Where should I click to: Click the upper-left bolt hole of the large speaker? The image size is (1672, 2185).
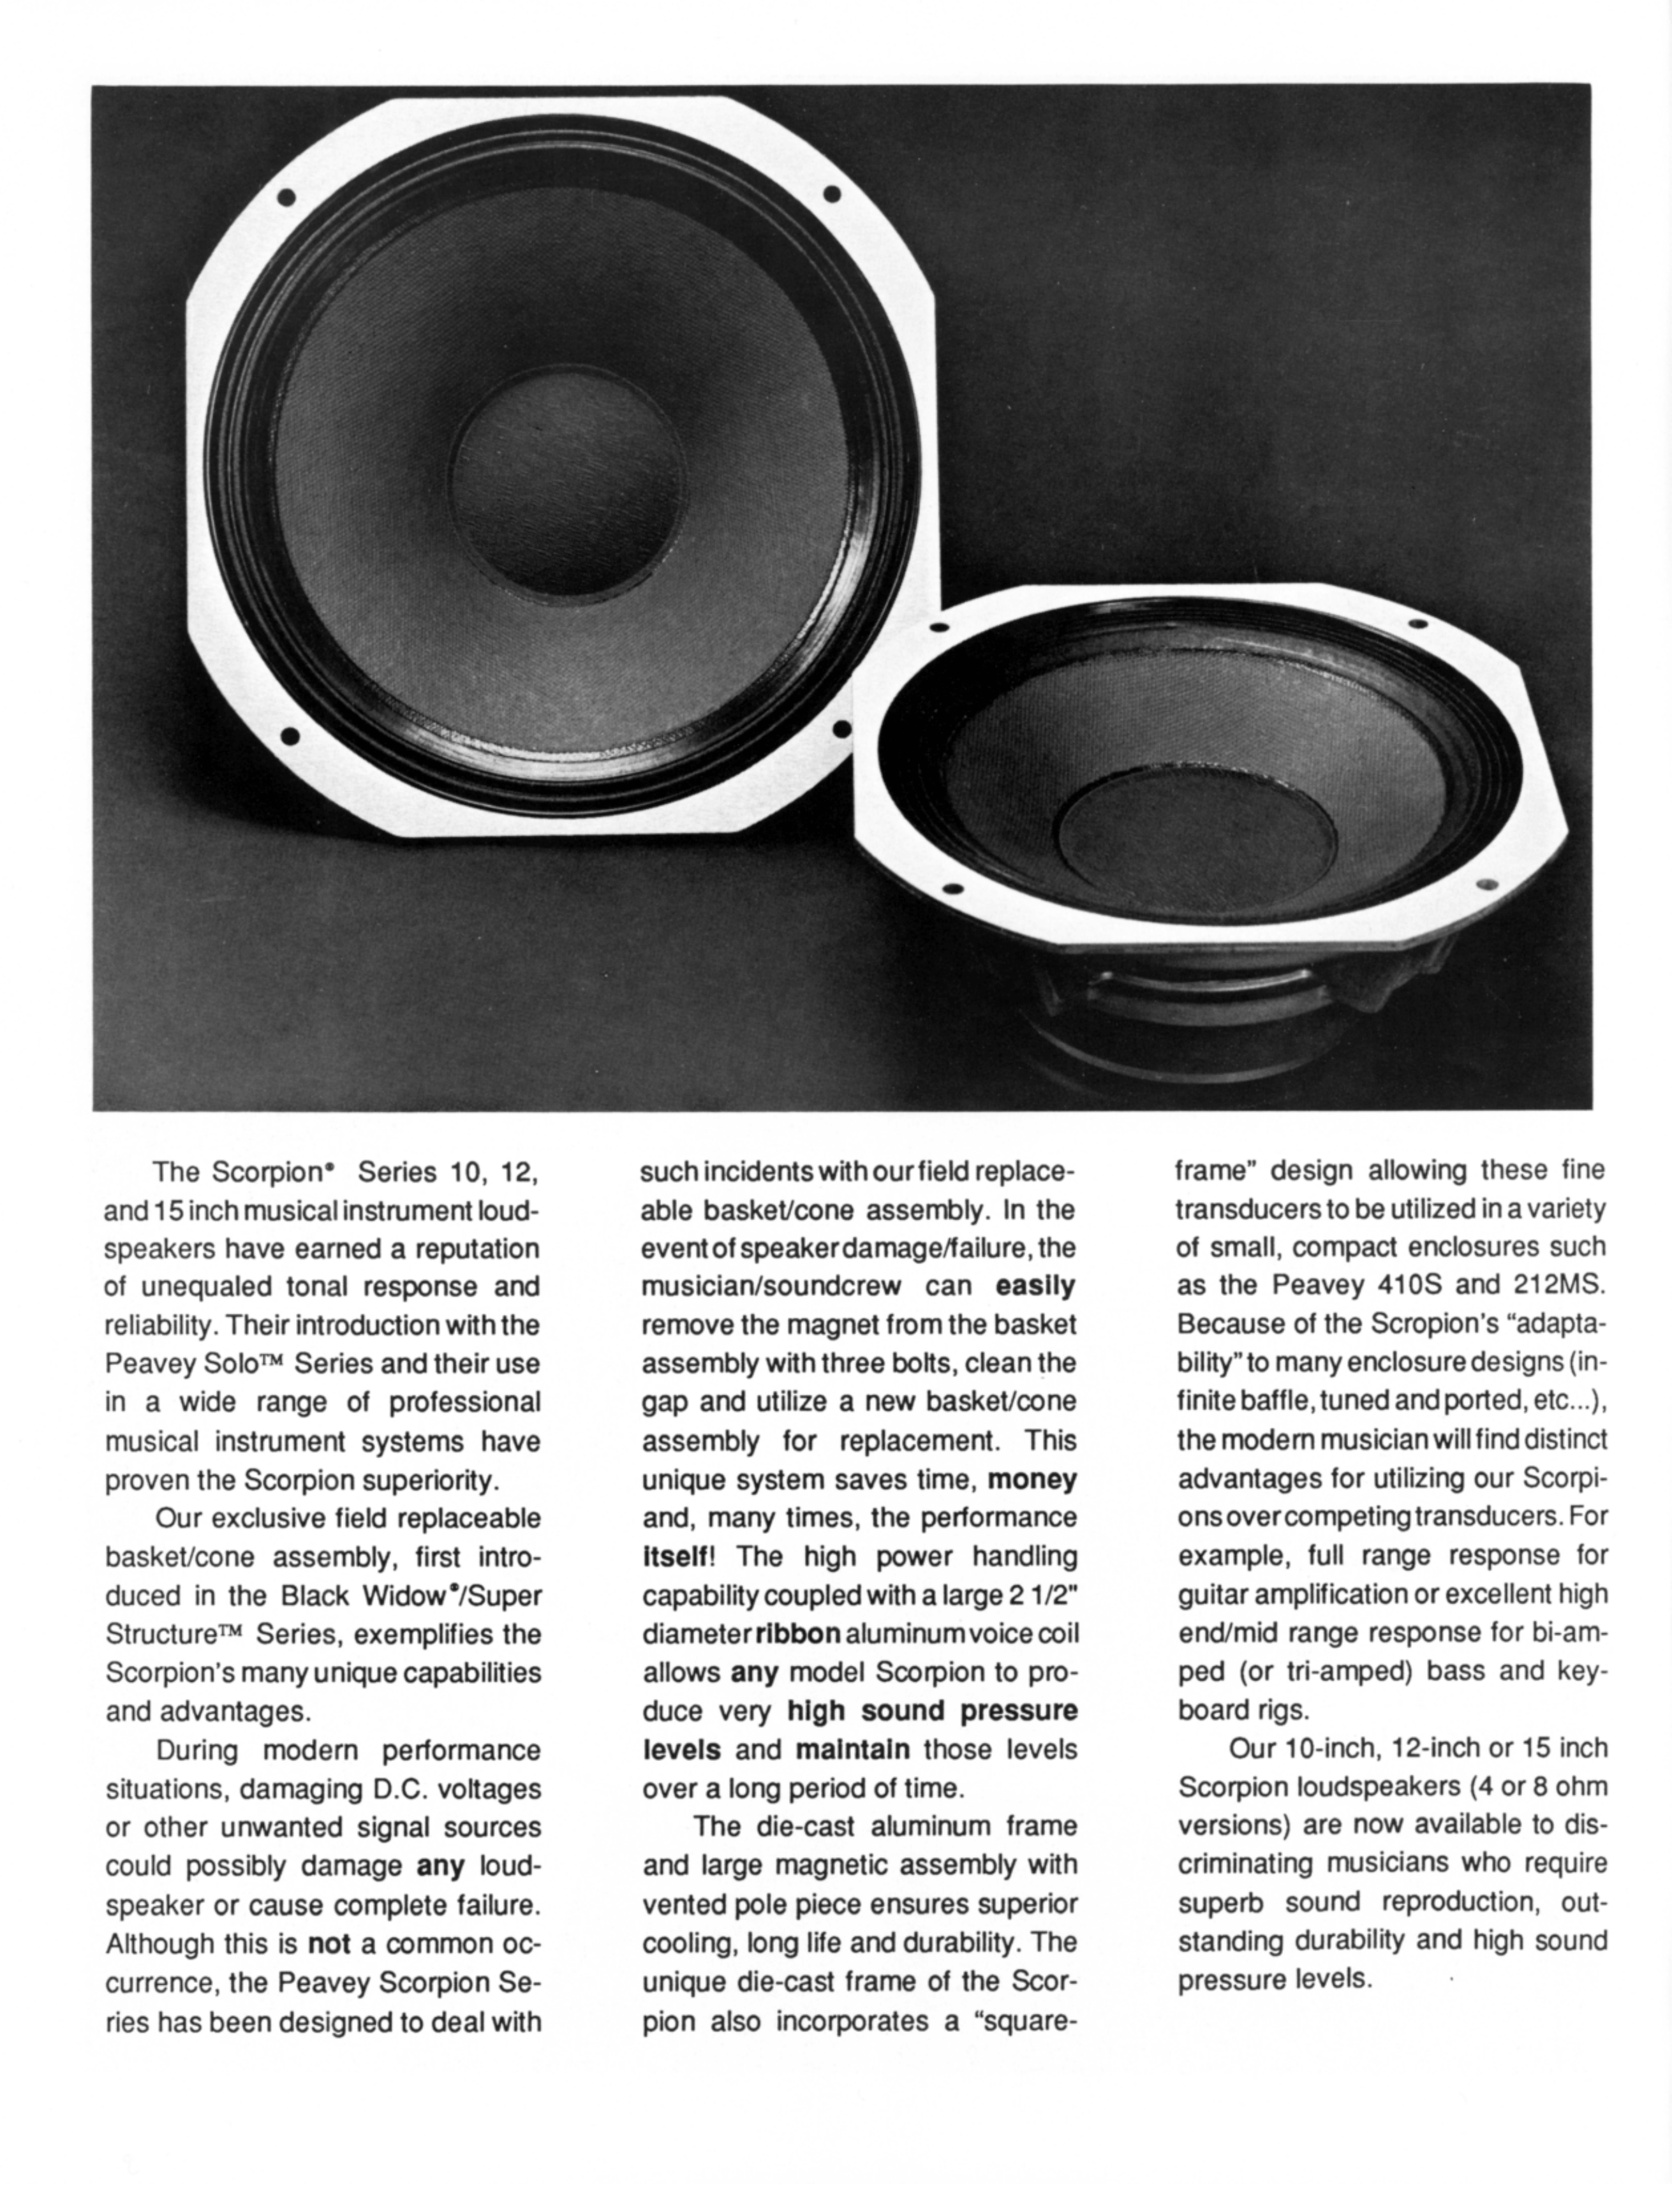click(288, 195)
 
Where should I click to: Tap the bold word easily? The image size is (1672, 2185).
click(1035, 1286)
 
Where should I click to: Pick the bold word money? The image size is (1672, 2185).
click(1032, 1480)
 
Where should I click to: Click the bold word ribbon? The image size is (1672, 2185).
click(798, 1635)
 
